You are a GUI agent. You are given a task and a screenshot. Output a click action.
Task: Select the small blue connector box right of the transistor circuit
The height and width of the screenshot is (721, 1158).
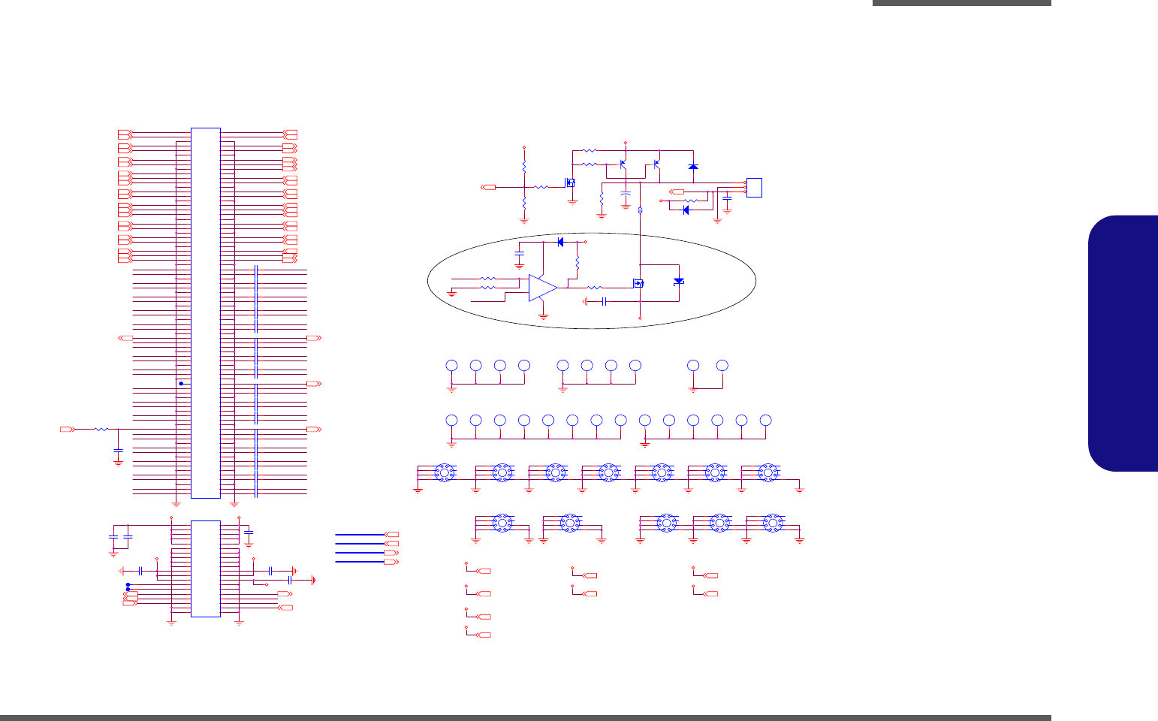click(754, 187)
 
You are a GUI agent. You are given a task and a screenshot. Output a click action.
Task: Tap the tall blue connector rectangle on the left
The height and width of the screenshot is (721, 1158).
click(205, 312)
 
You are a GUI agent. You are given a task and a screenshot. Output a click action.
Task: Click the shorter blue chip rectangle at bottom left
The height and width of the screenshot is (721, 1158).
click(205, 569)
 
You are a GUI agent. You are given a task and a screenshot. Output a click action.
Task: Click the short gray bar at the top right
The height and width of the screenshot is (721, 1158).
click(961, 3)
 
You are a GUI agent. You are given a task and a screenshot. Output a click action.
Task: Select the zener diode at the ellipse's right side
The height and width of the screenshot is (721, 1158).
click(679, 281)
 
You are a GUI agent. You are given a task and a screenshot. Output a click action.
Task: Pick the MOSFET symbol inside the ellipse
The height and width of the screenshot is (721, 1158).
click(638, 284)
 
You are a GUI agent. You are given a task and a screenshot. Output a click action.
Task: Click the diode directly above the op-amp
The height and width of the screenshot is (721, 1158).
click(560, 243)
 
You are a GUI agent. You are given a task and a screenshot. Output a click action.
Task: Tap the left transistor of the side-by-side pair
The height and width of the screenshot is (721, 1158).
click(623, 164)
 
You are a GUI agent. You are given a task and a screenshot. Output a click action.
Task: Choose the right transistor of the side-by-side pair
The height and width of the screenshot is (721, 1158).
click(656, 163)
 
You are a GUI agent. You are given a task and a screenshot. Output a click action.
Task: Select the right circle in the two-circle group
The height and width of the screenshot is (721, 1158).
click(722, 365)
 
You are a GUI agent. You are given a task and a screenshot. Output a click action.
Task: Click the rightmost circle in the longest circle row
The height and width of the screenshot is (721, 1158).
click(765, 420)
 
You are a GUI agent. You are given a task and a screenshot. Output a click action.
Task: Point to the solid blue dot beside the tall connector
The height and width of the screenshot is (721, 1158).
click(181, 384)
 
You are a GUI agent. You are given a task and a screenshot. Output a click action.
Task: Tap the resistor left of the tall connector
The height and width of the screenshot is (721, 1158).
click(101, 430)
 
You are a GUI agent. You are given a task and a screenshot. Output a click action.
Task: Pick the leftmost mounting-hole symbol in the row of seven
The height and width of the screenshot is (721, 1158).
click(443, 472)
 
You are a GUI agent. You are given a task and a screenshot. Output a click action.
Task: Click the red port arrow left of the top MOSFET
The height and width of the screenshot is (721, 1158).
click(488, 187)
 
